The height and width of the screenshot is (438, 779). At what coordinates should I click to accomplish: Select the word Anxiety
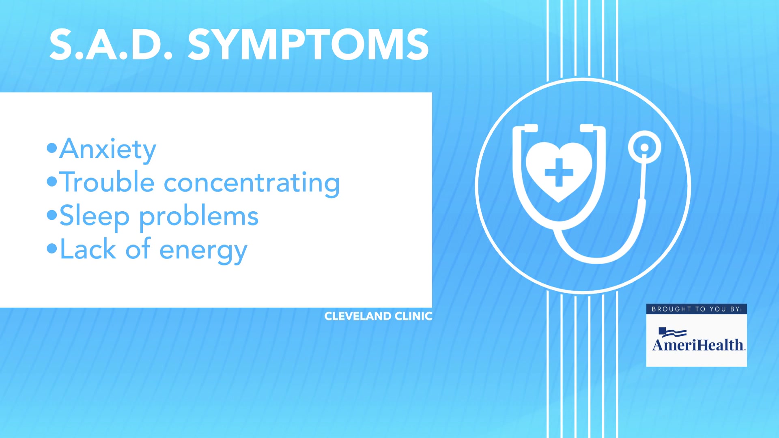pyautogui.click(x=108, y=149)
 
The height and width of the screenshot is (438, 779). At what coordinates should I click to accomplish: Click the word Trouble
pyautogui.click(x=107, y=182)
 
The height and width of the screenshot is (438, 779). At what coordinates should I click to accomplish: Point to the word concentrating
pyautogui.click(x=252, y=183)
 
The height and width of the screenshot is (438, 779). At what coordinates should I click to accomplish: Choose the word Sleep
pyautogui.click(x=95, y=216)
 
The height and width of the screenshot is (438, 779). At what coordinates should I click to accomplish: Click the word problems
pyautogui.click(x=199, y=217)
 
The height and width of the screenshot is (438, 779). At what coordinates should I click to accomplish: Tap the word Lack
pyautogui.click(x=88, y=249)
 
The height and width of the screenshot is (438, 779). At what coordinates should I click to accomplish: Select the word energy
pyautogui.click(x=203, y=251)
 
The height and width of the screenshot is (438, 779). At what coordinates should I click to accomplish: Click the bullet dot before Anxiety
pyautogui.click(x=52, y=148)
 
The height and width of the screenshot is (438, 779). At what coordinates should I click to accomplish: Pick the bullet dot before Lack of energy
pyautogui.click(x=52, y=248)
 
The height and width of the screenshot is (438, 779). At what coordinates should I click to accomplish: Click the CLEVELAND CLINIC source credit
pyautogui.click(x=378, y=316)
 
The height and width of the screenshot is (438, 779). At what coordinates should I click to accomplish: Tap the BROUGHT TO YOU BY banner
pyautogui.click(x=697, y=309)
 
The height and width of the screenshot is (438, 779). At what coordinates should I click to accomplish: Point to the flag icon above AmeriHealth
pyautogui.click(x=672, y=333)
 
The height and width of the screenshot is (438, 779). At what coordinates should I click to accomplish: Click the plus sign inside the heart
pyautogui.click(x=559, y=172)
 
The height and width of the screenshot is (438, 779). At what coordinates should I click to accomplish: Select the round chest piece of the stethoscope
pyautogui.click(x=644, y=147)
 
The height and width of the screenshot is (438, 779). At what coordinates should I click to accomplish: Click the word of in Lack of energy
pyautogui.click(x=138, y=249)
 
